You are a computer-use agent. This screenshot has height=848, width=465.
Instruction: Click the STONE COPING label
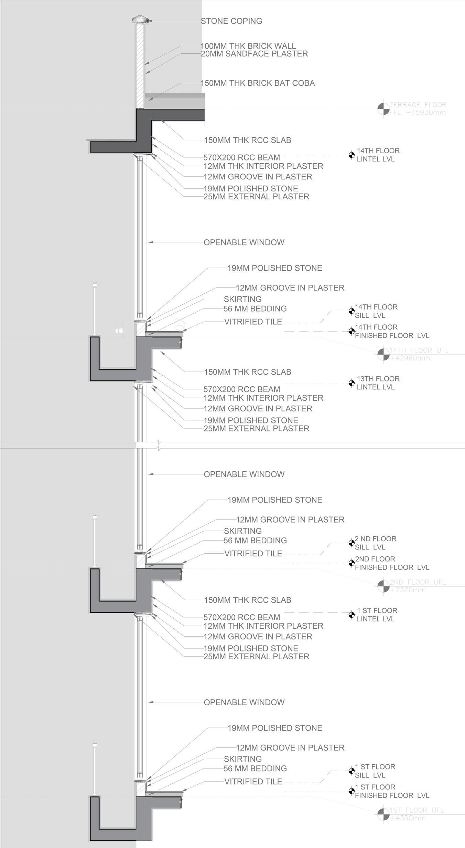coord(231,21)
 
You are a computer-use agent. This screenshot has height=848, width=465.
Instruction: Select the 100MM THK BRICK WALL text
coord(248,46)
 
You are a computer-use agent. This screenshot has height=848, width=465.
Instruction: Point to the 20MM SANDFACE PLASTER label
coord(254,54)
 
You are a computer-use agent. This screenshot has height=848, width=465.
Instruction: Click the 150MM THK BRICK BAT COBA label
coord(258,83)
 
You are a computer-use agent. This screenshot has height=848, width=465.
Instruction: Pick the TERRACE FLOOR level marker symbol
coord(383,109)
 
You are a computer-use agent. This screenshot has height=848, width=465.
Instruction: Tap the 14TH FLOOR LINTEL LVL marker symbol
coord(351,155)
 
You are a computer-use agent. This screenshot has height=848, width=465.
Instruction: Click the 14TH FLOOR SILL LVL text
coord(376,311)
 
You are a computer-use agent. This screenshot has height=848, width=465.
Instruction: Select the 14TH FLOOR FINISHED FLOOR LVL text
coord(392,331)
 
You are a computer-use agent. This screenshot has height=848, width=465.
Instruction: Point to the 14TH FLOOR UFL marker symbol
coord(383,354)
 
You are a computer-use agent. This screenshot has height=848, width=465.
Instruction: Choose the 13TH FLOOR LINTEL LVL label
coord(378,383)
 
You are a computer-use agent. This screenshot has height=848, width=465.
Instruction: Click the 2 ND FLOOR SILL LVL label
coord(376,543)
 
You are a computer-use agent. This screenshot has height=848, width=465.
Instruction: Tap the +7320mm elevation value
coord(408,590)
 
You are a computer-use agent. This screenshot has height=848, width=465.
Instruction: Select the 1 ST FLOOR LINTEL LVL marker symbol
coord(351,615)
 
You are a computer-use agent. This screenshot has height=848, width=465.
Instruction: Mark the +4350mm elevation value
coord(408,818)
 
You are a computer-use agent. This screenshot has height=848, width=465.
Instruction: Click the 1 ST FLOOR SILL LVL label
coord(375,771)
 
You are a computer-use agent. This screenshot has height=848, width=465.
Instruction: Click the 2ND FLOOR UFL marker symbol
coord(383,586)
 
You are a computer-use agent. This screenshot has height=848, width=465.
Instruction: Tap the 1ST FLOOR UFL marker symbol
coord(383,814)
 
